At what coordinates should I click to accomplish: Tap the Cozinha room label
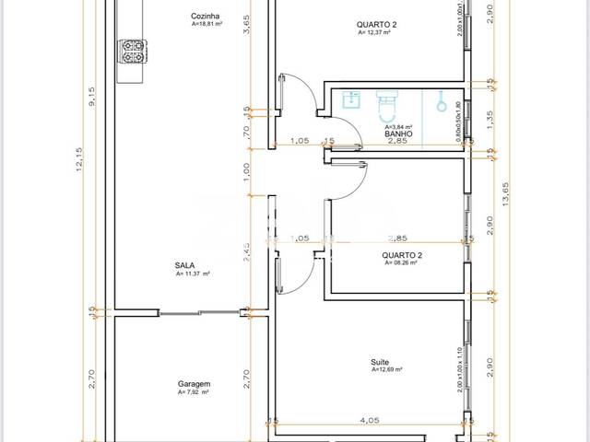coord(205,17)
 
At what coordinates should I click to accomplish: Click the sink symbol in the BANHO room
coord(349,99)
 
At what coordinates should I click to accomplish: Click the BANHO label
coord(397,134)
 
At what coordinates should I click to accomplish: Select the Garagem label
coord(195,385)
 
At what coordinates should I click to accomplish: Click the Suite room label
coord(380,362)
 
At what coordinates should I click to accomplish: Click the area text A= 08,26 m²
coord(401,262)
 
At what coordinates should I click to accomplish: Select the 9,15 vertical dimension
coord(92,96)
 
